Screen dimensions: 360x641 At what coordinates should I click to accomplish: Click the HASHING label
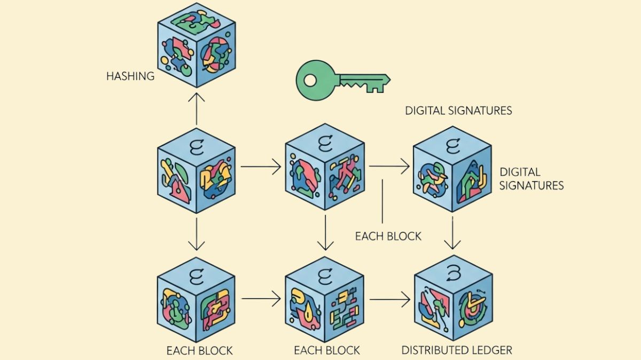click(130, 76)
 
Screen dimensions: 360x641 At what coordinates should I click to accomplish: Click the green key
click(342, 81)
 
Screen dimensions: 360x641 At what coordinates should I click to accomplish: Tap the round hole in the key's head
click(311, 81)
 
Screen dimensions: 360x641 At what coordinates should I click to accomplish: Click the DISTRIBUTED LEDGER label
click(457, 350)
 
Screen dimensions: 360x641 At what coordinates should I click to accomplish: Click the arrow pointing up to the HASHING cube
click(197, 109)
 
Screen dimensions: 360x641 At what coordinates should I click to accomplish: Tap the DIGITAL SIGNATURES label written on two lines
click(531, 179)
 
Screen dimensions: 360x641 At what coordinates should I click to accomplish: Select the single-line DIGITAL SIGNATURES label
click(458, 111)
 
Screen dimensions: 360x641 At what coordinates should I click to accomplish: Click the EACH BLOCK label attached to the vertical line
click(388, 236)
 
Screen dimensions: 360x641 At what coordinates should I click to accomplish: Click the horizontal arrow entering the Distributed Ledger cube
click(390, 299)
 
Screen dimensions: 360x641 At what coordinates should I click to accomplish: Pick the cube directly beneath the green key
click(325, 167)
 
